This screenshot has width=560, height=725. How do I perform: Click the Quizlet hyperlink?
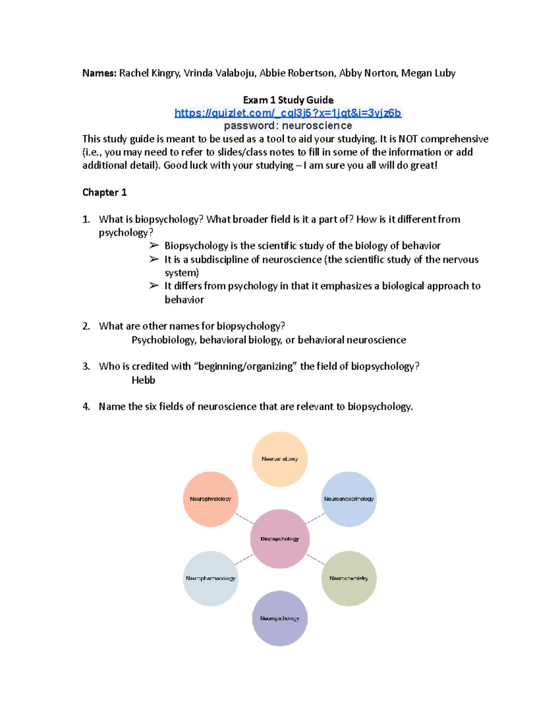pyautogui.click(x=287, y=113)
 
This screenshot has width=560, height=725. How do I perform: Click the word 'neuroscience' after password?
pyautogui.click(x=317, y=126)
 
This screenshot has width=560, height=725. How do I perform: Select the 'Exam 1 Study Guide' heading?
pyautogui.click(x=288, y=100)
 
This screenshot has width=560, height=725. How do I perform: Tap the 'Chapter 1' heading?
pyautogui.click(x=104, y=192)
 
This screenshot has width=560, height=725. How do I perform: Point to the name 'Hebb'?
pyautogui.click(x=143, y=380)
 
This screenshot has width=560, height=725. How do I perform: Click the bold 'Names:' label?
pyautogui.click(x=99, y=73)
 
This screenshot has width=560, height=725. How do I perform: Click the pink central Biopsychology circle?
pyautogui.click(x=280, y=539)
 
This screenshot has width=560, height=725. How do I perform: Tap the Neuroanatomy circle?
pyautogui.click(x=280, y=459)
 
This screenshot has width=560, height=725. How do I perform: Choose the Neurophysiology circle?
pyautogui.click(x=210, y=499)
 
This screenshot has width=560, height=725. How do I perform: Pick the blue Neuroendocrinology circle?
pyautogui.click(x=349, y=499)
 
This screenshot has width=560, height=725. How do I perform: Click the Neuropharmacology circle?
pyautogui.click(x=210, y=578)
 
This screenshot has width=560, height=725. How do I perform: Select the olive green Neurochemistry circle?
pyautogui.click(x=349, y=578)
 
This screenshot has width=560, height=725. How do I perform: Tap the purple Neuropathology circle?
pyautogui.click(x=280, y=618)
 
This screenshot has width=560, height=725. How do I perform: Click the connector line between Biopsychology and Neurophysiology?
pyautogui.click(x=244, y=518)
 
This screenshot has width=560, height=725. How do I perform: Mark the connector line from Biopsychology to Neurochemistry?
pyautogui.click(x=315, y=559)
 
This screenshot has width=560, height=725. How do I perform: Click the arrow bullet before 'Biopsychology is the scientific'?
pyautogui.click(x=154, y=246)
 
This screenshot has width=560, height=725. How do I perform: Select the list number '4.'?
pyautogui.click(x=86, y=407)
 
